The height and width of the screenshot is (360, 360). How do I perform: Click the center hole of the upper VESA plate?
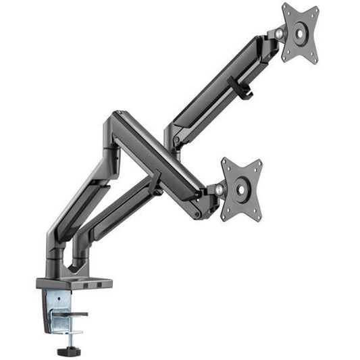(x=300, y=33)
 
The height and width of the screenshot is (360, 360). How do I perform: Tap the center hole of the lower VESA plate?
(x=241, y=190)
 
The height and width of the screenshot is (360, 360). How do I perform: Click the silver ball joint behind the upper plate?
(x=279, y=32)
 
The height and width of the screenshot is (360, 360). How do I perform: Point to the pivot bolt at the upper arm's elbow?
(x=176, y=140)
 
